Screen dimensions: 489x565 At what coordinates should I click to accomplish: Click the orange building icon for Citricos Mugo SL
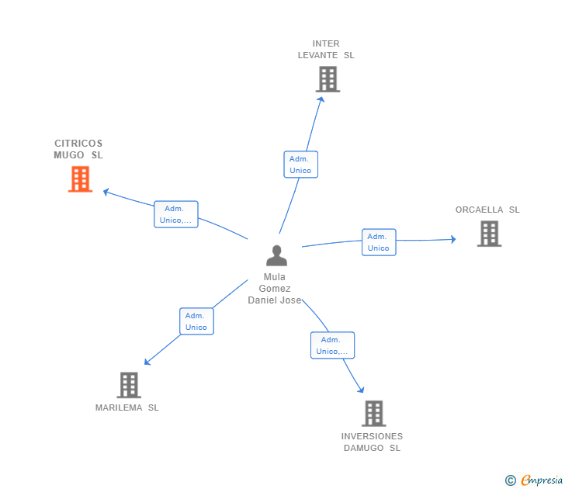tap(80, 179)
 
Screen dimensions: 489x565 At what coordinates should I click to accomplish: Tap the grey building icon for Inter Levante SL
tap(328, 79)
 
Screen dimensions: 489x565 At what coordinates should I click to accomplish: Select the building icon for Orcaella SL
tap(489, 233)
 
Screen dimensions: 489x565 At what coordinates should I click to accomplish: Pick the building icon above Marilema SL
tap(129, 384)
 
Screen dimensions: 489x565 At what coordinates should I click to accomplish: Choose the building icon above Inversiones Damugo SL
tap(373, 413)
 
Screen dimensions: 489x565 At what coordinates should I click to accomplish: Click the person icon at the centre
tap(276, 255)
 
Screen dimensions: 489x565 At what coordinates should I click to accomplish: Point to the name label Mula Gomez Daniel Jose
tap(275, 289)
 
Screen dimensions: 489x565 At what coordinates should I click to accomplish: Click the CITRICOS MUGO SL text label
tap(78, 149)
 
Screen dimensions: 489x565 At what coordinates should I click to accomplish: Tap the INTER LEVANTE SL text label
tap(326, 50)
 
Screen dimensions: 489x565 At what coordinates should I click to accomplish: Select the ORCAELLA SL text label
tap(487, 210)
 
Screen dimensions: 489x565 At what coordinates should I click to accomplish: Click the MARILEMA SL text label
tap(127, 407)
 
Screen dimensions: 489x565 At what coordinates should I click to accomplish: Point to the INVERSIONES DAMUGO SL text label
tap(373, 442)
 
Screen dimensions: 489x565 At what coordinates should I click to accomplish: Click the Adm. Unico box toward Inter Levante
tap(300, 165)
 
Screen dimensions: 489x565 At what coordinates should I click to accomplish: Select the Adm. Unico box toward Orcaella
tap(379, 242)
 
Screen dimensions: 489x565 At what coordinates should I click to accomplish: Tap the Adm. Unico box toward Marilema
tap(196, 321)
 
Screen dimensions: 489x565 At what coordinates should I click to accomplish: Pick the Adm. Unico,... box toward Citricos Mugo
tap(176, 214)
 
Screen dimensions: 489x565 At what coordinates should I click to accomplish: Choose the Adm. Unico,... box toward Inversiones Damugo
tap(332, 345)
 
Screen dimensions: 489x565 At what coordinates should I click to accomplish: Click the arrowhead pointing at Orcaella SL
tap(453, 239)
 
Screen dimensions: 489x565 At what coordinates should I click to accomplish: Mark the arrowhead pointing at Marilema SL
tap(147, 362)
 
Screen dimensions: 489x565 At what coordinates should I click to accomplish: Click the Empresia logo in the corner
tap(535, 480)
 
